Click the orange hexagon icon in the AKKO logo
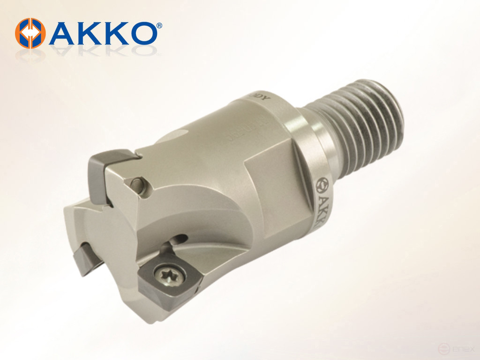coord(30,33)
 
